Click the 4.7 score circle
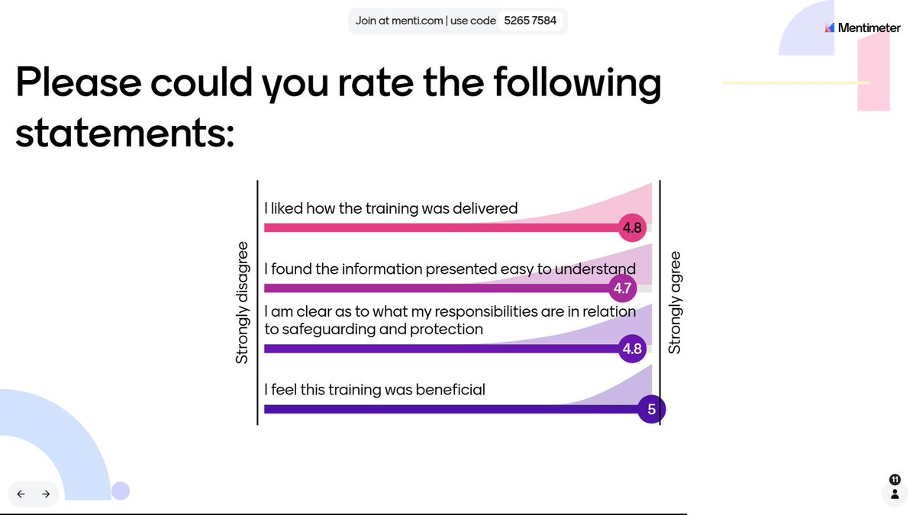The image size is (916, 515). pos(622,288)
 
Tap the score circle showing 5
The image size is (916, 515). pos(651,409)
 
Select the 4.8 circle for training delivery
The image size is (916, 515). pos(633,227)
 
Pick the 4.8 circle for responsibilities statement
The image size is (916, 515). pos(633,349)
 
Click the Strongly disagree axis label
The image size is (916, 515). pos(242,303)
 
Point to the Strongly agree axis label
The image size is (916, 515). pos(675,303)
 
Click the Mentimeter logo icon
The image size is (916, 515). pos(830,27)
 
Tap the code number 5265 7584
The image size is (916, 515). pos(531,21)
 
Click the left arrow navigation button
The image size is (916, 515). pos(21,494)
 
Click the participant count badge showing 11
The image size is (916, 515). pos(895,479)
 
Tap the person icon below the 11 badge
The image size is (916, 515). pos(895,494)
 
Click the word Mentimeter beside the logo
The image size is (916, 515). pos(869,27)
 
